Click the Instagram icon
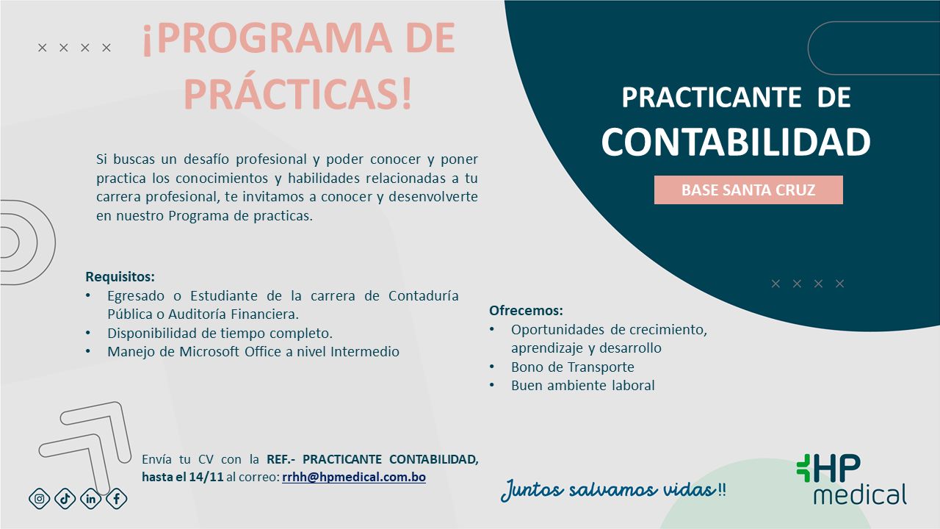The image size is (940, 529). tap(40, 499)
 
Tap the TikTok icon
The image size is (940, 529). tap(65, 499)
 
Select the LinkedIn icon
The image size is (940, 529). tap(91, 499)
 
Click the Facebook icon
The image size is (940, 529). tap(116, 499)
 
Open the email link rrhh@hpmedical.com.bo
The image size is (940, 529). tap(353, 477)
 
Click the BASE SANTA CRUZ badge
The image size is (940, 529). tap(748, 190)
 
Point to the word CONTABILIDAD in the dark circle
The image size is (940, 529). tap(735, 142)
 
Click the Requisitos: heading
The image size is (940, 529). tap(120, 277)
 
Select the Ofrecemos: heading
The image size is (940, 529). tap(526, 310)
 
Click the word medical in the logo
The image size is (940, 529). tap(859, 494)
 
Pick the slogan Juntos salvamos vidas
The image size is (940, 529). tap(608, 490)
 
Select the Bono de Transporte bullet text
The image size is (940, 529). tap(572, 367)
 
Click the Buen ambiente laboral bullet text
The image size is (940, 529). tap(582, 385)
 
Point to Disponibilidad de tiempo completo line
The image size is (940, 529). tap(220, 333)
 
